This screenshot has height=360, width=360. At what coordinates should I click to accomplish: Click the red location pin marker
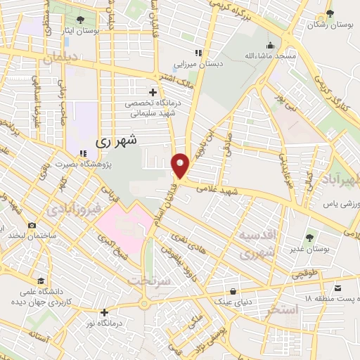pos(181,165)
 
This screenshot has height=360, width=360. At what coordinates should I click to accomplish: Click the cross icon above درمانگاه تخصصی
pos(153,92)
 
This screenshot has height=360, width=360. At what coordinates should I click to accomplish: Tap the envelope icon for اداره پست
pos(338,288)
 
